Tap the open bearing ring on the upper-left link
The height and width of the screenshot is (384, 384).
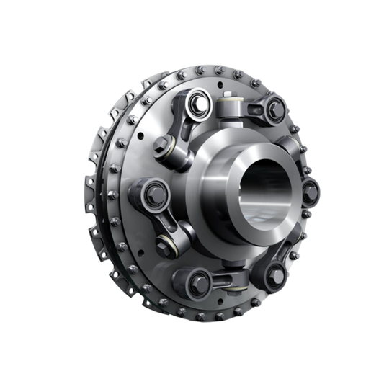pyautogui.click(x=197, y=107)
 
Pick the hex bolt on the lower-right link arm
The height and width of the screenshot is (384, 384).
pyautogui.click(x=275, y=274)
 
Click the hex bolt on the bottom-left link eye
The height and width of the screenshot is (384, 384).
pyautogui.click(x=198, y=283)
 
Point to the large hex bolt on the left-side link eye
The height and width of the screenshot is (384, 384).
pyautogui.click(x=154, y=195)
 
